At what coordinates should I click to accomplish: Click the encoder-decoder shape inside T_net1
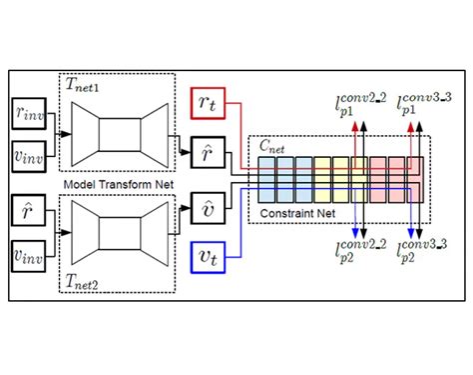pyautogui.click(x=115, y=133)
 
